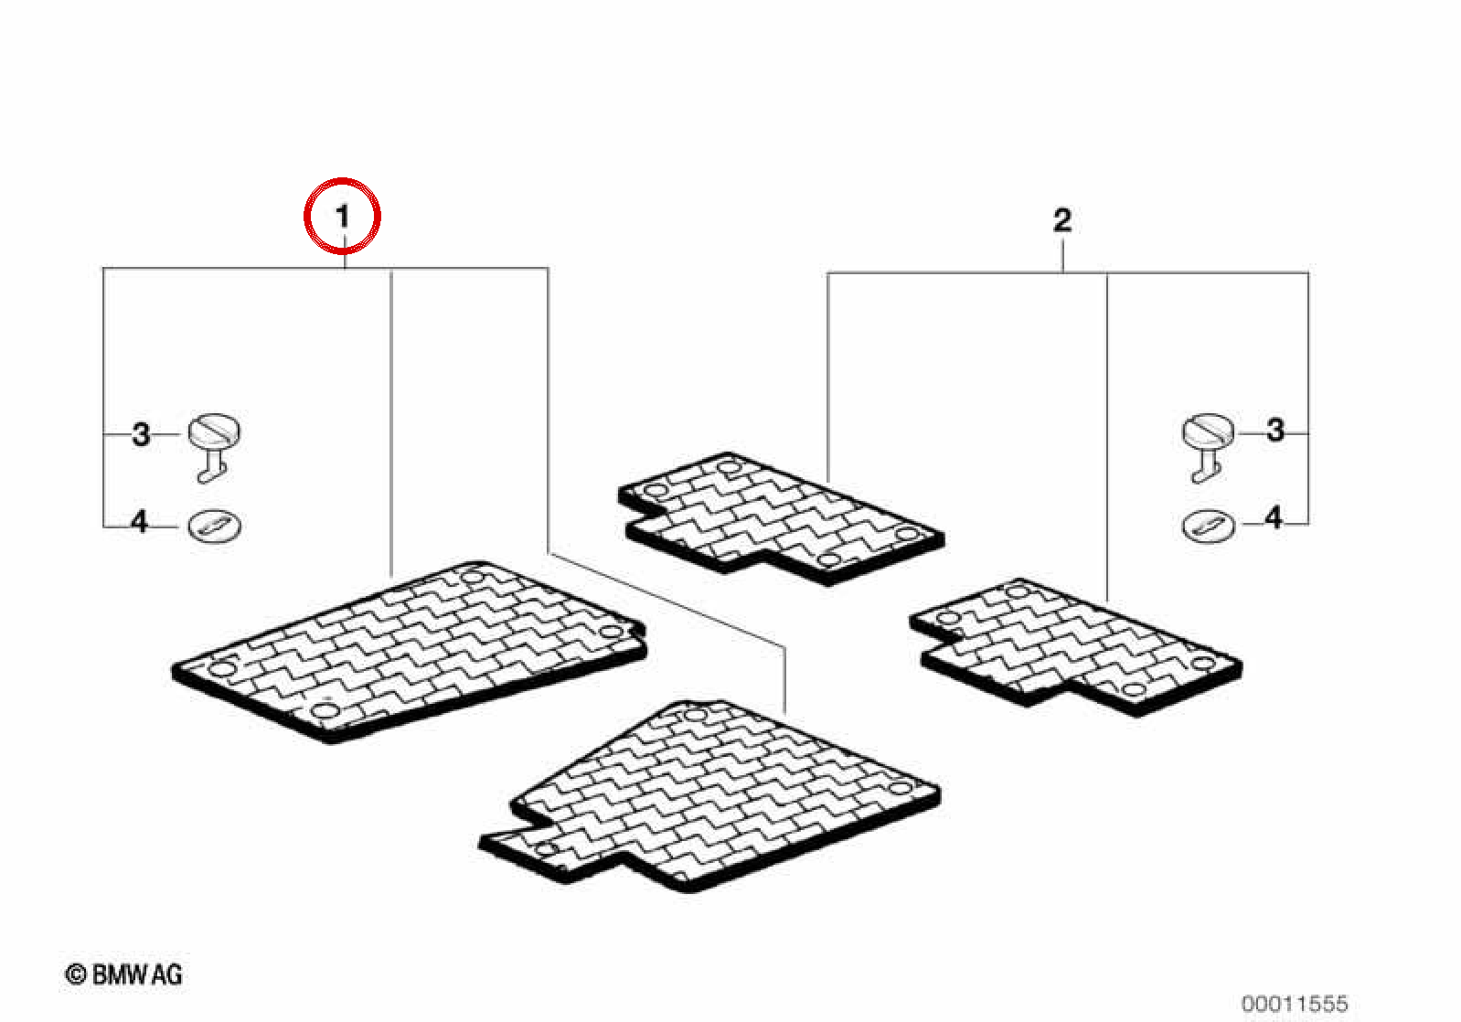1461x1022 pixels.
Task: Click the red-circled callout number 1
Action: point(343,216)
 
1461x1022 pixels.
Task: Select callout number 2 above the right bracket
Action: point(1062,220)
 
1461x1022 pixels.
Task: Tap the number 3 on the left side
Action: point(141,434)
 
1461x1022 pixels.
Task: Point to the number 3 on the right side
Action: point(1275,431)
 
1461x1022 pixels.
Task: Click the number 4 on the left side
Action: point(140,522)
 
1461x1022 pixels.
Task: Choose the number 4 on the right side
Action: point(1274,518)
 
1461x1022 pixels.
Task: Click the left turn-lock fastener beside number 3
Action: point(214,448)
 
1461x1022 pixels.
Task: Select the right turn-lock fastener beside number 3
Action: point(1208,448)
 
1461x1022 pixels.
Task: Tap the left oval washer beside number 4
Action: point(215,525)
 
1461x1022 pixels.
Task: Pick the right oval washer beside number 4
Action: point(1209,525)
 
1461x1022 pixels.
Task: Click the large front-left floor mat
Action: point(410,651)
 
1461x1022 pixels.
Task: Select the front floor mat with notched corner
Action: point(709,795)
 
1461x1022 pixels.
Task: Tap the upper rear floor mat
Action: point(782,518)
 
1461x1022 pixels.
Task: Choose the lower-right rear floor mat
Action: point(1076,646)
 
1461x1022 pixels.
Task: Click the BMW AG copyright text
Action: point(124,975)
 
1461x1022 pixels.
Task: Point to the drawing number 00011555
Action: point(1295,1004)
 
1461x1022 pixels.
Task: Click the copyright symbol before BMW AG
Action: point(76,975)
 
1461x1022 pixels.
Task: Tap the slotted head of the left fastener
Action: point(214,430)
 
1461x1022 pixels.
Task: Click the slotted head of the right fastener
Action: point(1208,430)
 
